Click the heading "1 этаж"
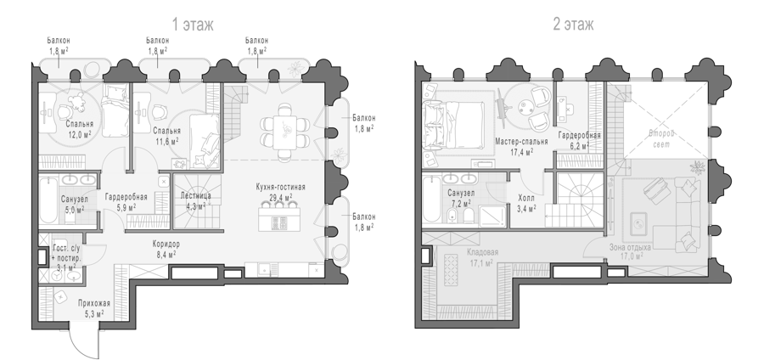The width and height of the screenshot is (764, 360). click(x=193, y=25)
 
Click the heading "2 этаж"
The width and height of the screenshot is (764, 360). click(x=573, y=25)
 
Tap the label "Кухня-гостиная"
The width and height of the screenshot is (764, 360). click(x=281, y=187)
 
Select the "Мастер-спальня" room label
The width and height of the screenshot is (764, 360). click(x=521, y=141)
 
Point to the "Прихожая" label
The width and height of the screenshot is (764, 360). click(x=94, y=304)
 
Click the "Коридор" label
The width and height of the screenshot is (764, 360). click(x=166, y=244)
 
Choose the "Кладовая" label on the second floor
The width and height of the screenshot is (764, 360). click(x=482, y=252)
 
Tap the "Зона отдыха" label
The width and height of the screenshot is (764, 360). click(x=630, y=247)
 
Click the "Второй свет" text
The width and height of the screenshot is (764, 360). click(x=661, y=138)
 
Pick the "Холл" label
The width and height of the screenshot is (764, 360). click(x=526, y=199)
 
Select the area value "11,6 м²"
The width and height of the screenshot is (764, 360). click(x=166, y=141)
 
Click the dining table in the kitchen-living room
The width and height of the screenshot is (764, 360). click(x=284, y=131)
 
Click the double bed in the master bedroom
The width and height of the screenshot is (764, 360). click(x=454, y=122)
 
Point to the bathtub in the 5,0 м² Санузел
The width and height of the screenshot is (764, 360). click(x=48, y=200)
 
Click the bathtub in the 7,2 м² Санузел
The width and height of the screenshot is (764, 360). click(x=430, y=200)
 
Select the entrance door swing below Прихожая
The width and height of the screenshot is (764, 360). click(x=84, y=340)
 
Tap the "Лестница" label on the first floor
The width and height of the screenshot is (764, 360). click(x=196, y=196)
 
